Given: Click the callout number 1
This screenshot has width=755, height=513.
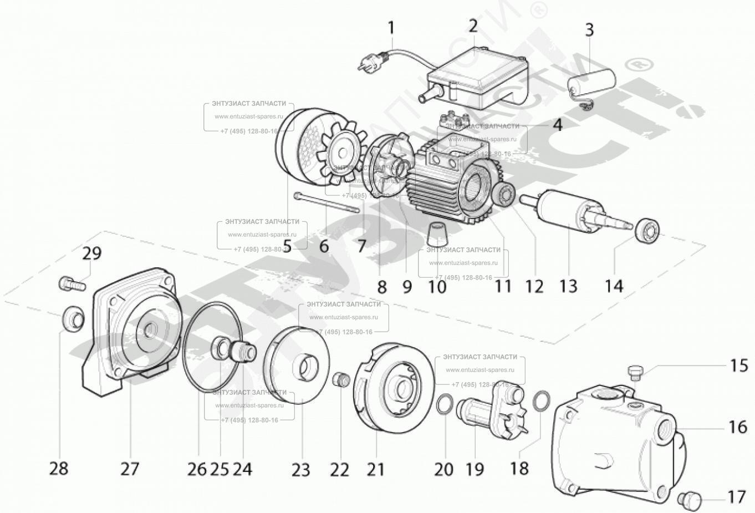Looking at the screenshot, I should (391, 28).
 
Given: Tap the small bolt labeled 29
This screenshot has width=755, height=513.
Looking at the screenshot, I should (72, 284).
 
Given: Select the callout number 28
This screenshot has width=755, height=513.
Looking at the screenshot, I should (58, 469).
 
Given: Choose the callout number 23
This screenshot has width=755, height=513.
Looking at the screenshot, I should (301, 470).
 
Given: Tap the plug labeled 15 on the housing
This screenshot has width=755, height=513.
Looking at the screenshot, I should (635, 372).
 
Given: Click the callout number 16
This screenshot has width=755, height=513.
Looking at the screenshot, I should (737, 427).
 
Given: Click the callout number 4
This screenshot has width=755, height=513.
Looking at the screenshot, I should (557, 125).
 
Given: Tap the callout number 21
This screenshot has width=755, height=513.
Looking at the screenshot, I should (375, 470).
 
